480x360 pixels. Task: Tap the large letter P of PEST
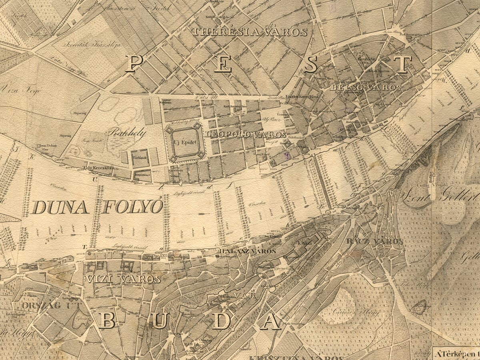134,63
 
